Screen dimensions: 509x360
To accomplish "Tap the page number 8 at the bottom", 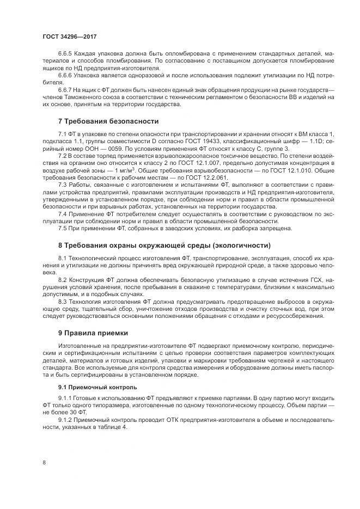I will (44, 463).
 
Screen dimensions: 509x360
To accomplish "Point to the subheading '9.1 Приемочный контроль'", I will (90, 388).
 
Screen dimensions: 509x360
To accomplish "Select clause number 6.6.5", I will (65, 54).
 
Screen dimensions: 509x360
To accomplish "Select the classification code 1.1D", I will (312, 140).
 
